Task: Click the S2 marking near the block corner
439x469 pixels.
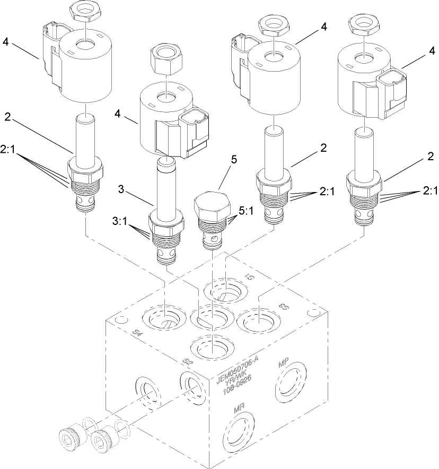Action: pos(186,361)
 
